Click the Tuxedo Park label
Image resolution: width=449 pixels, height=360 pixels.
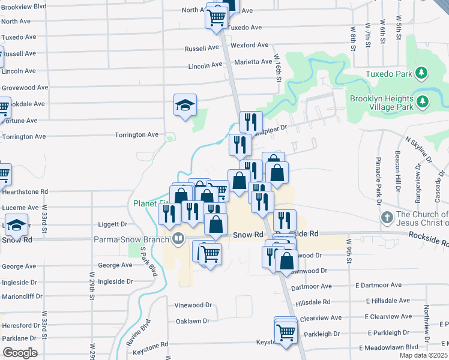coord(391,75)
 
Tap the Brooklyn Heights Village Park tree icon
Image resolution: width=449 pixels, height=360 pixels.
coord(423,101)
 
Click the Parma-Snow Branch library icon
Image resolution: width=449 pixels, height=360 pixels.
coord(178,239)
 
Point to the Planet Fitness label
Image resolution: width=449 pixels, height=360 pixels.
coord(150,203)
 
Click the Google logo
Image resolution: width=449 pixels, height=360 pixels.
coord(20,352)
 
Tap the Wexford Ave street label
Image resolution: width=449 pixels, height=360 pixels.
coord(250,45)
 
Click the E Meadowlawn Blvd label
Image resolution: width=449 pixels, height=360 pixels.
coord(388,347)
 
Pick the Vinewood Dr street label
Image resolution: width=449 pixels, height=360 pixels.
coord(193,305)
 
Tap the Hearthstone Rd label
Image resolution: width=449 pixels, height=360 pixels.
coord(25,192)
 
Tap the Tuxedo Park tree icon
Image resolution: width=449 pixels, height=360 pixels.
coord(423,73)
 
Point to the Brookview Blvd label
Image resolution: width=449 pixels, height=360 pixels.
coord(24,7)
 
